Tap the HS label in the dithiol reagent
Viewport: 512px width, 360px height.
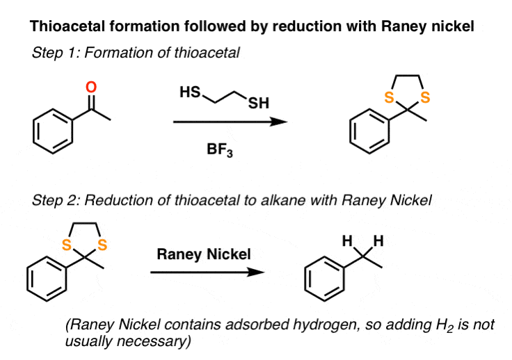(191, 90)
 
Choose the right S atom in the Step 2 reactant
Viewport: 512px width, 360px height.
(102, 245)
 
